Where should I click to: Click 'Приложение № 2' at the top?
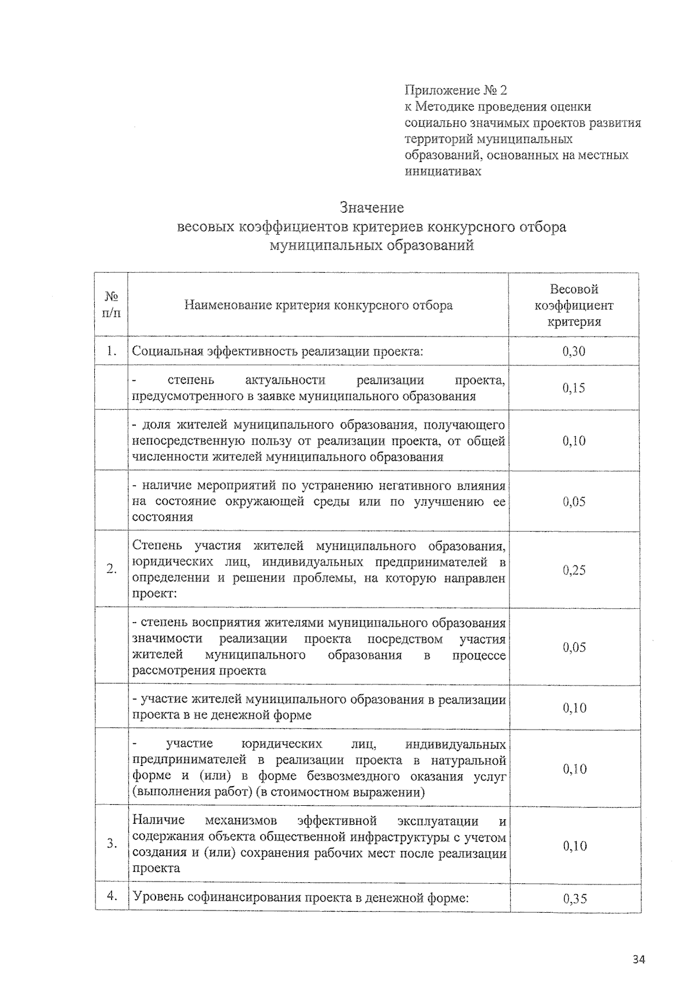(x=456, y=90)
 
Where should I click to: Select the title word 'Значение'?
(x=372, y=208)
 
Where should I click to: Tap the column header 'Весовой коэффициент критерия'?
(x=574, y=305)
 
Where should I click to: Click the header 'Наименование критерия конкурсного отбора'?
(x=318, y=305)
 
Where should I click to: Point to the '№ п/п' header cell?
(x=112, y=305)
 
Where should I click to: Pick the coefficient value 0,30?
(x=574, y=351)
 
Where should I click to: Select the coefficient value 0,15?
(x=574, y=388)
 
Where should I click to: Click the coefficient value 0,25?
(x=574, y=570)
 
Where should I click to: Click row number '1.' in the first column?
(x=112, y=351)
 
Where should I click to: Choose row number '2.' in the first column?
(x=112, y=569)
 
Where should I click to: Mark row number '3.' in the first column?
(x=112, y=844)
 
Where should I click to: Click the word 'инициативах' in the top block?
(x=442, y=171)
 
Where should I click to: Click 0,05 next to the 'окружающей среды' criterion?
(x=574, y=502)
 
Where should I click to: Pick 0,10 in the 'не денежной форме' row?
(x=574, y=708)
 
